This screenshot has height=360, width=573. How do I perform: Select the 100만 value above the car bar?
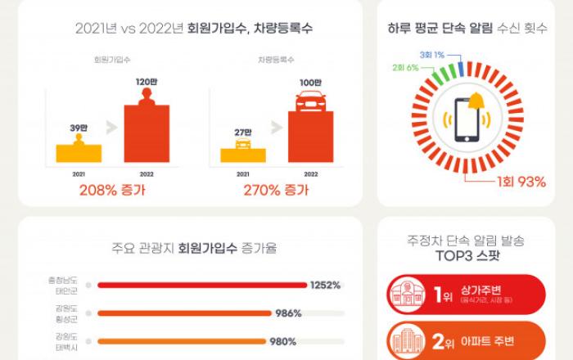pos(312,82)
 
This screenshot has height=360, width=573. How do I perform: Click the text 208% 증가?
pos(112,191)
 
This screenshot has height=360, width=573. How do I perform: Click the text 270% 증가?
pos(277,191)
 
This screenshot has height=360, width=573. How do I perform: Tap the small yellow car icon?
pos(243,145)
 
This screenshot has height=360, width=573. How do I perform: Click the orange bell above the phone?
pos(476,103)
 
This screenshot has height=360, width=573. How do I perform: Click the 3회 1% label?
pos(431,54)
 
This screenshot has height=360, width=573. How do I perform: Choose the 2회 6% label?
pos(406,65)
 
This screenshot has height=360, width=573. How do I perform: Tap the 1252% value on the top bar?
pos(325,285)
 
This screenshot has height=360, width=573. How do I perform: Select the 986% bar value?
pos(289,313)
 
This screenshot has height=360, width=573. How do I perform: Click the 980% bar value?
pos(282,341)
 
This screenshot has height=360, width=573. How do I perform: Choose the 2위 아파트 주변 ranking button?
pos(464,340)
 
